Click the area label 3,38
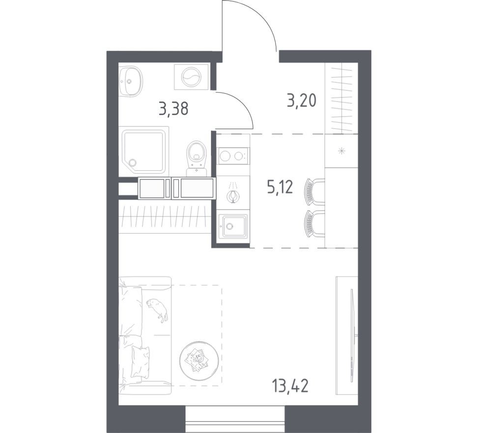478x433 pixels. [x=173, y=108]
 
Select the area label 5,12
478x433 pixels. [x=281, y=187]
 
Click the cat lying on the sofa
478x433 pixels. [x=158, y=309]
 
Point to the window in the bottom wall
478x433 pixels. [x=235, y=421]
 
